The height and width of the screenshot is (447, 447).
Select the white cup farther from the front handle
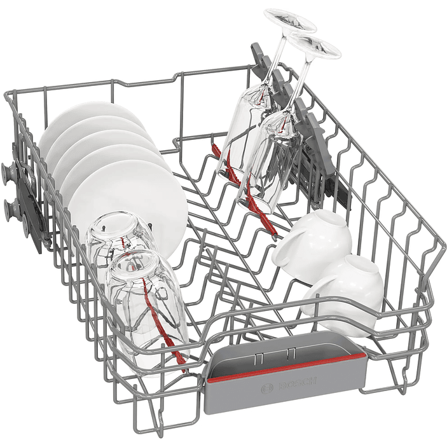pos(312,238)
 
